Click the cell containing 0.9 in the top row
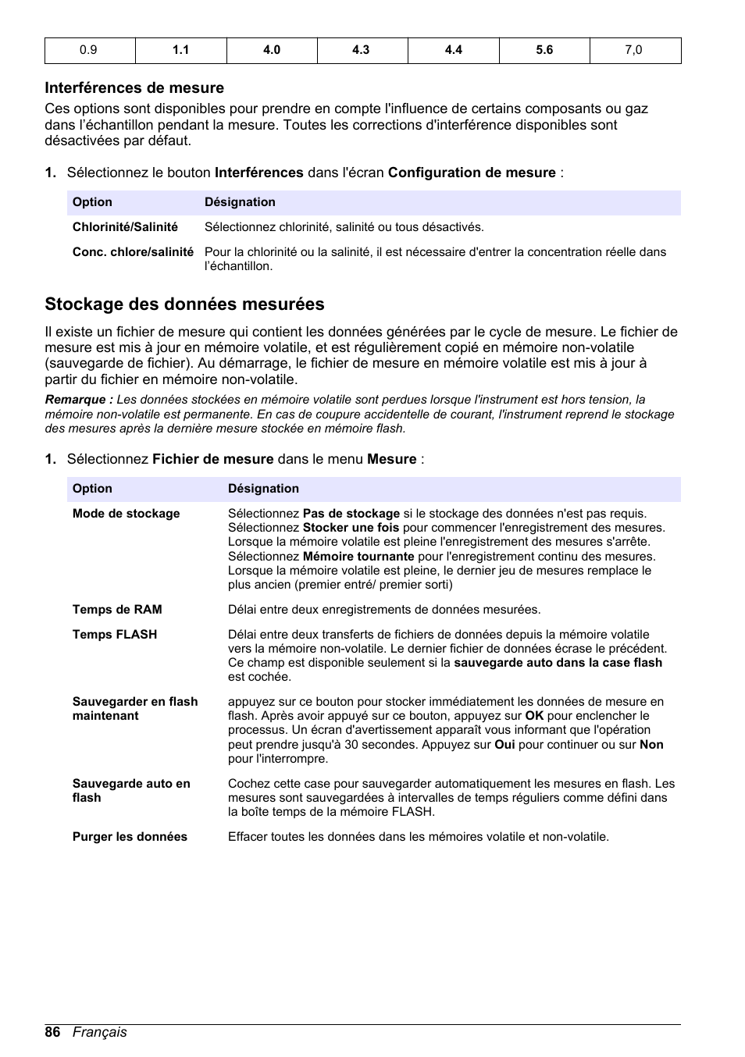point(88,50)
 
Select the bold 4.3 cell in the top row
point(361,50)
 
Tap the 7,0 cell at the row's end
point(633,50)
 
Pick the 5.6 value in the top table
point(544,50)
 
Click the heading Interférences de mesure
point(134,88)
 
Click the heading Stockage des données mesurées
point(184,304)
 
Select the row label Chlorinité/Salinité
point(125,227)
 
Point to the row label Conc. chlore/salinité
point(133,252)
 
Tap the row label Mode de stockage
point(126,514)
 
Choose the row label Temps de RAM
point(117,610)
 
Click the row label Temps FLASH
point(115,635)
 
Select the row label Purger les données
point(130,837)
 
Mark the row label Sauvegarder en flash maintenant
point(134,709)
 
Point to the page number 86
point(52,1032)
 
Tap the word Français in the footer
point(100,1032)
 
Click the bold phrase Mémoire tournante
point(358,557)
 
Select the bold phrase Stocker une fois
point(351,528)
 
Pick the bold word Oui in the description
point(504,745)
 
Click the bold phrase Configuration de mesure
point(472,173)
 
